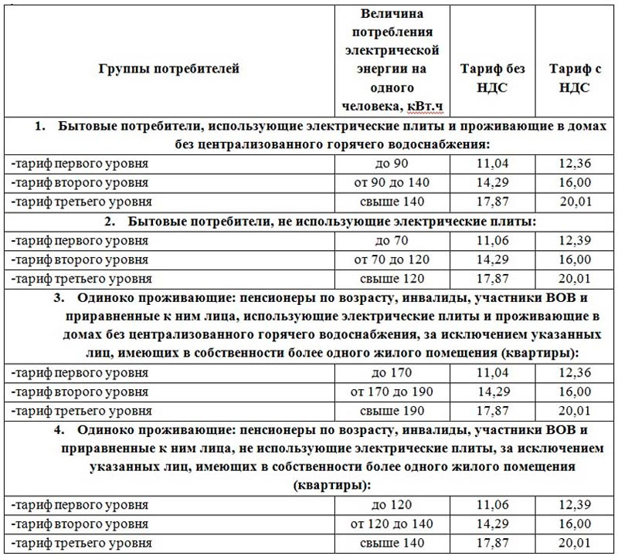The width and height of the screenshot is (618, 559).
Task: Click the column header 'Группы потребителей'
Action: (x=169, y=68)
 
